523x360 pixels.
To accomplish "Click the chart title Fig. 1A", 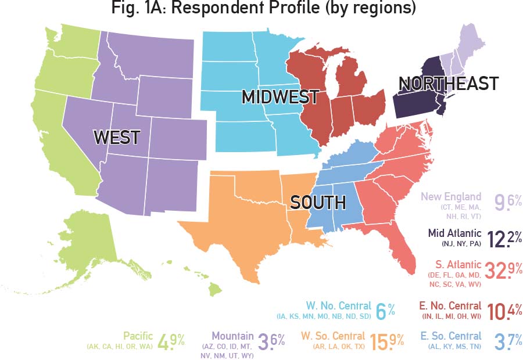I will (261, 10).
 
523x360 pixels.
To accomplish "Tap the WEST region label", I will (117, 138).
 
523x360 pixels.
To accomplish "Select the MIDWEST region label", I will (280, 97).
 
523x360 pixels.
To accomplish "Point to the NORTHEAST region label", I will (448, 84).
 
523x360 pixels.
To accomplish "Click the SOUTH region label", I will (318, 203).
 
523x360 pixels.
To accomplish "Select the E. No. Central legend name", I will (450, 305).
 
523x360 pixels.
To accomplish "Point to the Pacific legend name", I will (138, 336).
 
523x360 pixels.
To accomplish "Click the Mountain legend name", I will (232, 336).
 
